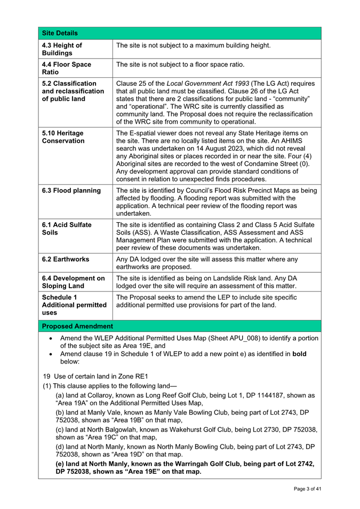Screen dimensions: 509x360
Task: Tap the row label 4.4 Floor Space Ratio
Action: click(x=67, y=68)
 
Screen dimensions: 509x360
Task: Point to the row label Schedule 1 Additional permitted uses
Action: click(x=67, y=304)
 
